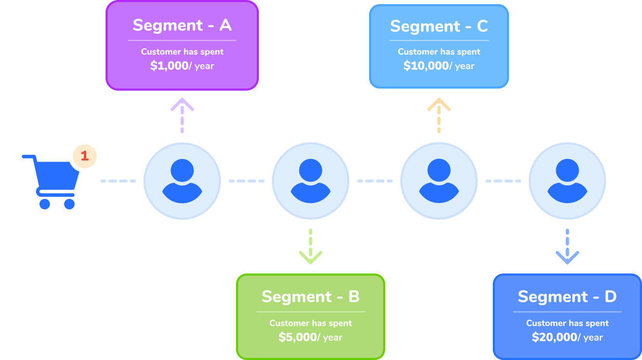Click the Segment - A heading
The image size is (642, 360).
click(x=182, y=25)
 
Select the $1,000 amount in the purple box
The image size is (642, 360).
click(x=169, y=66)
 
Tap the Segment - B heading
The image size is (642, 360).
click(x=310, y=297)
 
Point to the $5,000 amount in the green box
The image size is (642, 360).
click(x=297, y=337)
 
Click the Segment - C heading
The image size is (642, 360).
click(x=439, y=26)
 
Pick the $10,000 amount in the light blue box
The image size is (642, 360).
click(x=426, y=66)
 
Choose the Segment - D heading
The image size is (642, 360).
click(x=567, y=297)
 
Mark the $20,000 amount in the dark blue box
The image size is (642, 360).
click(x=554, y=337)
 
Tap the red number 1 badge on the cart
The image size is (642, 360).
click(x=85, y=155)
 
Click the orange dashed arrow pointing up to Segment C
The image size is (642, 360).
click(x=439, y=115)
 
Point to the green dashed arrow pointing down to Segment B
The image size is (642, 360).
click(x=310, y=247)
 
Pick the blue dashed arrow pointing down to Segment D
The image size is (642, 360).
click(x=567, y=247)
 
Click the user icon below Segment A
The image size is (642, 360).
click(x=182, y=181)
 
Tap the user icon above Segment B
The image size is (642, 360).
click(x=310, y=181)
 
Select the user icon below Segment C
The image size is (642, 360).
click(x=439, y=181)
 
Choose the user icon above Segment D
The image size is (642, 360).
click(x=567, y=181)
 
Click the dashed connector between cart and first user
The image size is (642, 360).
click(x=118, y=181)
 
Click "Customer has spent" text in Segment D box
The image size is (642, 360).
click(x=567, y=323)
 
